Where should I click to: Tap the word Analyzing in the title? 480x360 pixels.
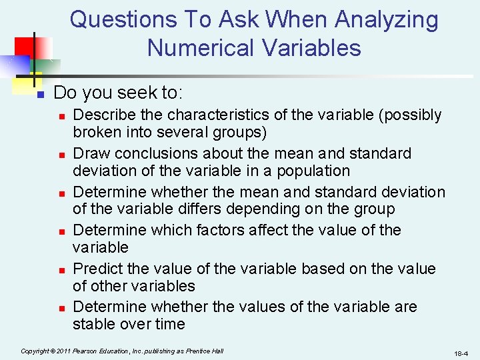(387, 20)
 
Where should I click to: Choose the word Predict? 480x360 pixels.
(97, 269)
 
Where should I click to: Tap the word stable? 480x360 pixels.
(95, 325)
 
